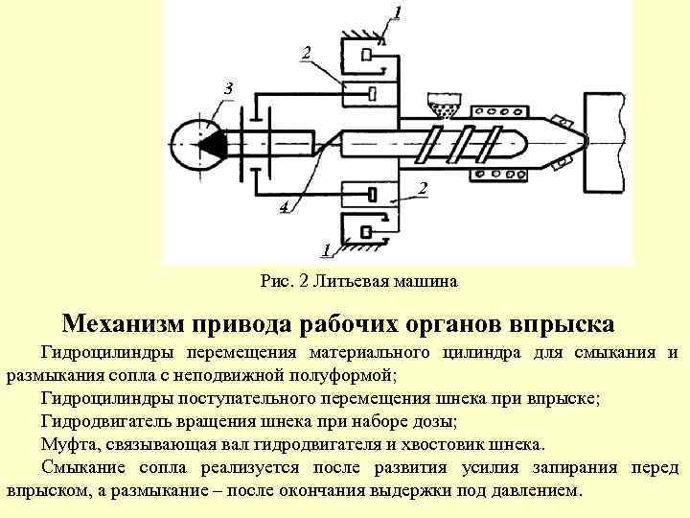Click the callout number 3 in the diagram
(x=227, y=89)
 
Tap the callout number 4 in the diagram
(x=284, y=206)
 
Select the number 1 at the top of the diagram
(x=398, y=12)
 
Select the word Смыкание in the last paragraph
(x=81, y=468)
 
